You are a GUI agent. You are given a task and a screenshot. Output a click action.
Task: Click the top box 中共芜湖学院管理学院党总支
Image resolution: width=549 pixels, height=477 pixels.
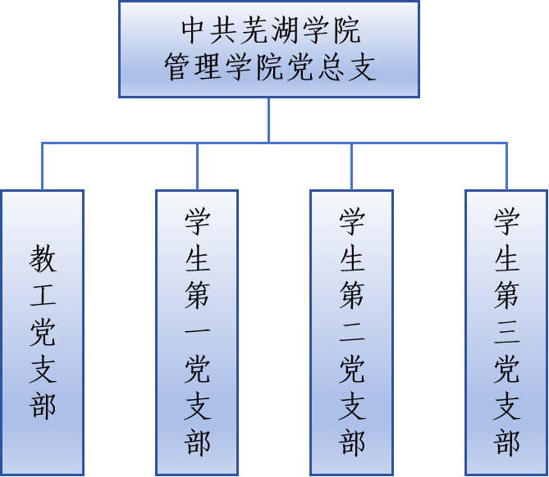269,49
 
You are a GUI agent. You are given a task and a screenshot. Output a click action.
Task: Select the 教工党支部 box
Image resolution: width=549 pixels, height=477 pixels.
43,332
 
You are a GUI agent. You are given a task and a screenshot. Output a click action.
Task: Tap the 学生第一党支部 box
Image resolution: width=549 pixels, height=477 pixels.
197,332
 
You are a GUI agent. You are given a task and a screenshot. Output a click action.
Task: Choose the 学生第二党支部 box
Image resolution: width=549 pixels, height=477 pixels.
352,332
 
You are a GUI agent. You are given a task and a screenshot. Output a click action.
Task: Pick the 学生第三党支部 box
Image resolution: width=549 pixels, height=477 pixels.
506,332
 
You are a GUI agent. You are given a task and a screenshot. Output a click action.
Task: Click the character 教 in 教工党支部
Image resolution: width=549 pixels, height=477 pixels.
43,260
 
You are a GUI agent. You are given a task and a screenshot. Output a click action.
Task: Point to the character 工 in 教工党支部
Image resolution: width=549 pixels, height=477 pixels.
43,296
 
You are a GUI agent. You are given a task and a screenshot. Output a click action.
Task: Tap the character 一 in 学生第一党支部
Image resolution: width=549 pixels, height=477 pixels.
197,333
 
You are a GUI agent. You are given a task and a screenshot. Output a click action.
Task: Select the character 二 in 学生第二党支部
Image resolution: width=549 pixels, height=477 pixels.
352,333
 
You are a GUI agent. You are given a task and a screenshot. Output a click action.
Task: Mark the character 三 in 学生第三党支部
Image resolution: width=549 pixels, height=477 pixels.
506,333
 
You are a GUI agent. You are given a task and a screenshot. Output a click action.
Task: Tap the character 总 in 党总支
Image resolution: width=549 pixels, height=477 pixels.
330,67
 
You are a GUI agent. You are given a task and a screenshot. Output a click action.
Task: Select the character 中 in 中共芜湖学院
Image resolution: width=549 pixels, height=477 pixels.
195,32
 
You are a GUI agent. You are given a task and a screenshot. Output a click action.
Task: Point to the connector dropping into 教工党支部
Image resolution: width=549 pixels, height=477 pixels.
43,167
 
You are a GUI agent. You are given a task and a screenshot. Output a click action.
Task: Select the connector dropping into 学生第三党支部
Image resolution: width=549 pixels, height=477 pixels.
506,167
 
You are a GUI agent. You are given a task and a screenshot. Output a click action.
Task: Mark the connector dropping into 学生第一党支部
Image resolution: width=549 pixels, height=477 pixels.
197,167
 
